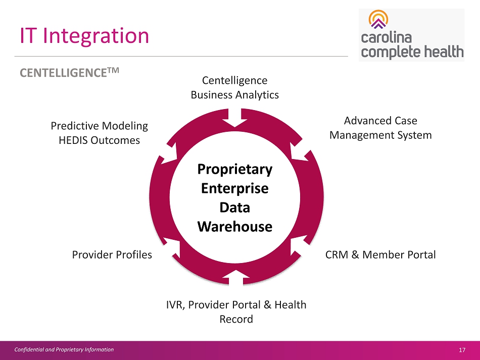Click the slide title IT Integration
tap(84, 36)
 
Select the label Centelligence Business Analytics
tap(234, 87)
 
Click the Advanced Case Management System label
tap(380, 128)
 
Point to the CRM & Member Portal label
tap(380, 254)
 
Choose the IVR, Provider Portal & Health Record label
tap(236, 312)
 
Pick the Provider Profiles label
tap(112, 254)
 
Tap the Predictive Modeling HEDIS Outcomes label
tap(99, 133)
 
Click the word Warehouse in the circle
tap(235, 226)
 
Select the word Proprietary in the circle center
tap(235, 169)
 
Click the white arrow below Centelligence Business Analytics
tap(235, 121)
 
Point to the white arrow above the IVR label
tap(235, 276)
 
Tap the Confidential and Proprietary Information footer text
tap(63, 349)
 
